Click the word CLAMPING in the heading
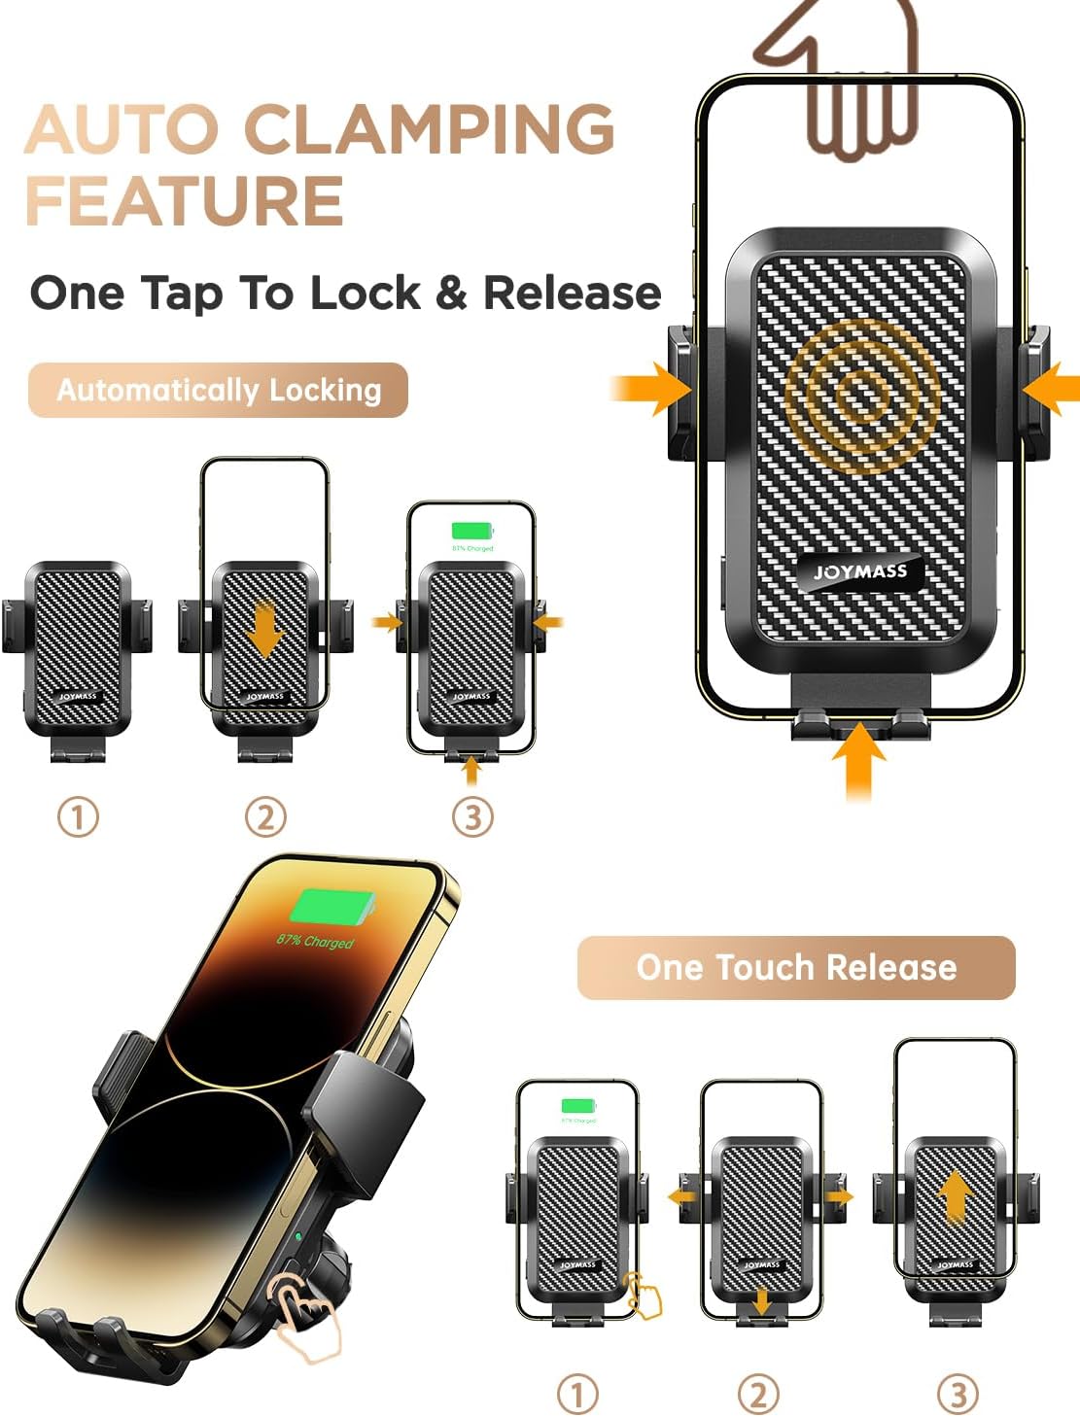pos(429,128)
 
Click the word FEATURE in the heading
pos(185,201)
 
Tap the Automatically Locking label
pos(218,391)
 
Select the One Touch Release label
pos(796,967)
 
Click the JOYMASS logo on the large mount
pos(860,571)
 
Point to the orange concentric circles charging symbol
pos(857,394)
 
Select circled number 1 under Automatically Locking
pos(79,817)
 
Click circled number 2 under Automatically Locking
pos(265,817)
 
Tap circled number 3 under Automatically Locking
pos(472,817)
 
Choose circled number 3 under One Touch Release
pos(957,1395)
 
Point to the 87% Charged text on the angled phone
pos(315,941)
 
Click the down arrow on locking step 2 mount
pos(264,633)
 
